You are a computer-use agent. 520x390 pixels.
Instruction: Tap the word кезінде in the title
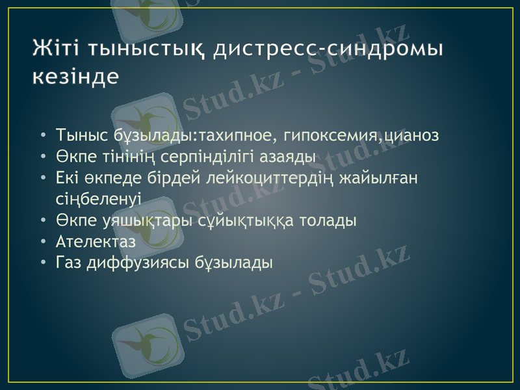click(75, 76)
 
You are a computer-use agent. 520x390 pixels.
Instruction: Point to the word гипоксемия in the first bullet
click(328, 136)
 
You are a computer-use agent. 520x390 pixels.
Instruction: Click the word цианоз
click(410, 136)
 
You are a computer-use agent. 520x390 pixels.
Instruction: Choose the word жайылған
click(379, 177)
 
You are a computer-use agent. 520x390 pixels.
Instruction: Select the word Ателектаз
click(96, 241)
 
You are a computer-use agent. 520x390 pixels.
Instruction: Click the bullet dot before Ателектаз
click(43, 242)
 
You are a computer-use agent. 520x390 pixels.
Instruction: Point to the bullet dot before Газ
click(43, 263)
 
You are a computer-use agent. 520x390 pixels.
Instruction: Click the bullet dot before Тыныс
click(43, 136)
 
